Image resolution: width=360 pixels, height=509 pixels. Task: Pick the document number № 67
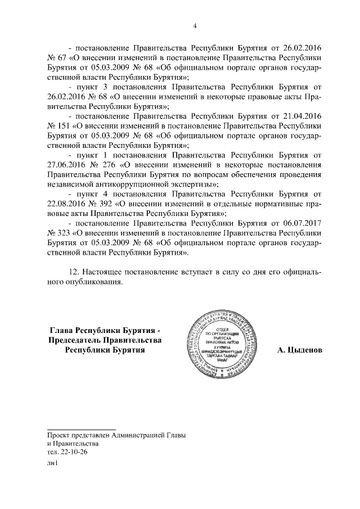[x=56, y=58]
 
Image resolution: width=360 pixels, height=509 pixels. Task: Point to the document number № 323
[x=58, y=232]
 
